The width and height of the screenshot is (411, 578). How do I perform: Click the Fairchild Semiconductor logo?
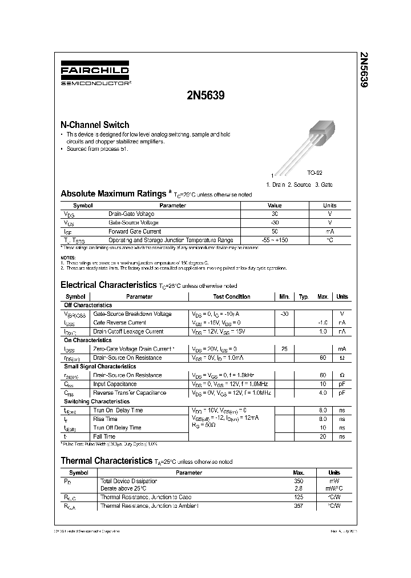click(x=95, y=75)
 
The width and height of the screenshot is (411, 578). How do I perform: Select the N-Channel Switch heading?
click(x=95, y=125)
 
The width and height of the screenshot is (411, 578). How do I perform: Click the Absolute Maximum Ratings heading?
click(x=114, y=194)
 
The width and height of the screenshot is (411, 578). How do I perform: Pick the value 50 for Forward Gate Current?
click(x=275, y=231)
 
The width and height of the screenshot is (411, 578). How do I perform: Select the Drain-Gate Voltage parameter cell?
click(x=131, y=214)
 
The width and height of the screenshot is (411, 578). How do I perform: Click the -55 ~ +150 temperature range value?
click(x=275, y=240)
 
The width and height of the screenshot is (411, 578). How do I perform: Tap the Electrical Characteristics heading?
click(x=108, y=284)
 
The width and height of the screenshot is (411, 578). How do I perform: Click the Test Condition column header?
click(x=232, y=296)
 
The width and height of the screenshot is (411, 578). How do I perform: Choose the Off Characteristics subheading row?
click(x=88, y=305)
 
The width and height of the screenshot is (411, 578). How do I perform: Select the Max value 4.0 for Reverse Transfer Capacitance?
click(x=323, y=393)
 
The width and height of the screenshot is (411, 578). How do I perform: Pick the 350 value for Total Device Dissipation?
click(x=298, y=481)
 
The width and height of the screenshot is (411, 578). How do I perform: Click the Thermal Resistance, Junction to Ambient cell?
click(x=150, y=505)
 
